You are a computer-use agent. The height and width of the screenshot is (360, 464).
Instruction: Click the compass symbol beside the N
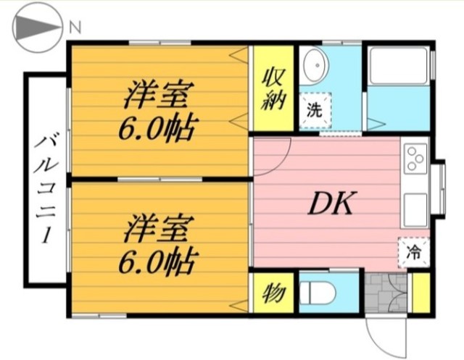tap(37, 28)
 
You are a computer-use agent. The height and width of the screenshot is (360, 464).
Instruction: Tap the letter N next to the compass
tap(75, 28)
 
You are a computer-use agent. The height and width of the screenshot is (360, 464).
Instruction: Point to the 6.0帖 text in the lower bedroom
tap(158, 261)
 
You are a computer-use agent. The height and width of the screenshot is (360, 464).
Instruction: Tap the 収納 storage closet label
tap(273, 88)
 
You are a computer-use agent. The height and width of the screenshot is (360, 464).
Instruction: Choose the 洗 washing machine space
tap(315, 110)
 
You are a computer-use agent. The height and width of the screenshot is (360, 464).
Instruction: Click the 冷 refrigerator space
tap(414, 253)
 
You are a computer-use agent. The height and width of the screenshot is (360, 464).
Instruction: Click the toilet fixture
tap(318, 293)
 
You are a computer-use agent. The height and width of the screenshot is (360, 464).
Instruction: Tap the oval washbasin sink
tap(317, 65)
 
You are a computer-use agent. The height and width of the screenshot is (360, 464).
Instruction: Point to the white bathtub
tap(398, 66)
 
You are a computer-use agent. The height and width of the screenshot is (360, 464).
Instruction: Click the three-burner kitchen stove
tap(415, 159)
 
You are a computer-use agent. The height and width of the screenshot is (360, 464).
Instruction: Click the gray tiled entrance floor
tap(386, 293)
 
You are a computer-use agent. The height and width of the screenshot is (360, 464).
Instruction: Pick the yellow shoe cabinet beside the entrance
tap(421, 293)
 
